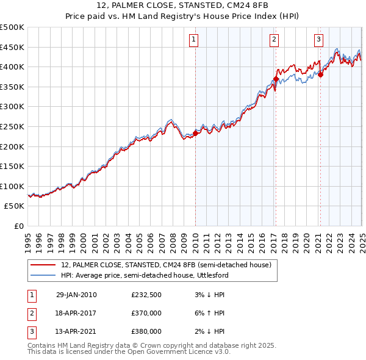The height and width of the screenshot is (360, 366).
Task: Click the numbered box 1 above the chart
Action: coord(193,40)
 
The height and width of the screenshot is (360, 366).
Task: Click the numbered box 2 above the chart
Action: coord(274,40)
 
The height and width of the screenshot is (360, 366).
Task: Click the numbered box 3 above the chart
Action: coord(318,40)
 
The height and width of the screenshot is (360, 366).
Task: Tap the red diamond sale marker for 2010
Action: coord(195,133)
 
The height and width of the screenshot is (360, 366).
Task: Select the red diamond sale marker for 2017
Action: coord(276,79)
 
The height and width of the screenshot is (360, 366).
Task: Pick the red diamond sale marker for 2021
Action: coord(320,75)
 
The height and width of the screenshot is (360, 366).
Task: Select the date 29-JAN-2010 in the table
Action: coord(76,295)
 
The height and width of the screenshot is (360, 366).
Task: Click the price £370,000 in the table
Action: coord(146,313)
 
